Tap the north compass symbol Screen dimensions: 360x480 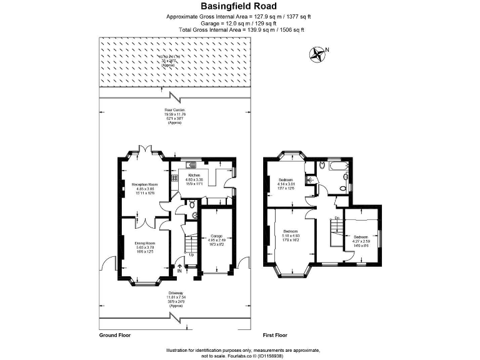pyautogui.click(x=317, y=54)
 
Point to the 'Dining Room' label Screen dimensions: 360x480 pyautogui.click(x=144, y=243)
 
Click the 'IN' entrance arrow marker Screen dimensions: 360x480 pyautogui.click(x=179, y=269)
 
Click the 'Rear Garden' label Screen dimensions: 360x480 pyautogui.click(x=174, y=110)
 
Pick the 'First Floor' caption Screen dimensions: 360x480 pyautogui.click(x=274, y=336)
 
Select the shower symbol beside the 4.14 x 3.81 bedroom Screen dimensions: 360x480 pyautogui.click(x=311, y=179)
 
